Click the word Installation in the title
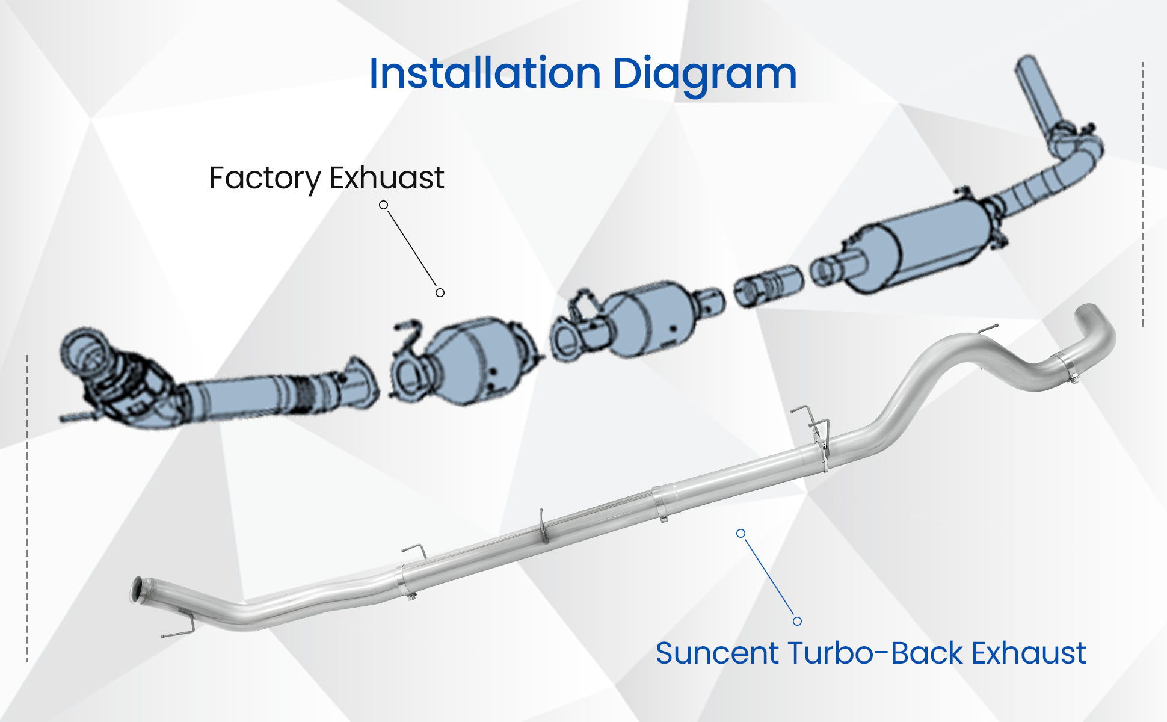pos(485,74)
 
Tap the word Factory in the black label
pos(265,179)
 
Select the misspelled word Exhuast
pos(387,178)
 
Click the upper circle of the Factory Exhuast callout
pos(383,205)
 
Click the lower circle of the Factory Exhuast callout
pos(440,292)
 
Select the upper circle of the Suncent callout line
pos(741,534)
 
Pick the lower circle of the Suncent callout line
pos(797,621)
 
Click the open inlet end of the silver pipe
pos(137,590)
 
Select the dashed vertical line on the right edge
pos(1142,193)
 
